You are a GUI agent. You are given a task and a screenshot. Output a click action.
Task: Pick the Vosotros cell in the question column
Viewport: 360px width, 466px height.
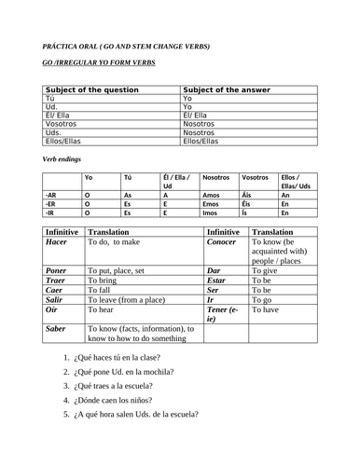point(62,123)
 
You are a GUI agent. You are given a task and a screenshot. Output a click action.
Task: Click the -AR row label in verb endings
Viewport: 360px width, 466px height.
point(51,194)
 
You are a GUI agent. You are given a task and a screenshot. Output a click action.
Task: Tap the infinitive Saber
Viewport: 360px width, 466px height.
point(56,328)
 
